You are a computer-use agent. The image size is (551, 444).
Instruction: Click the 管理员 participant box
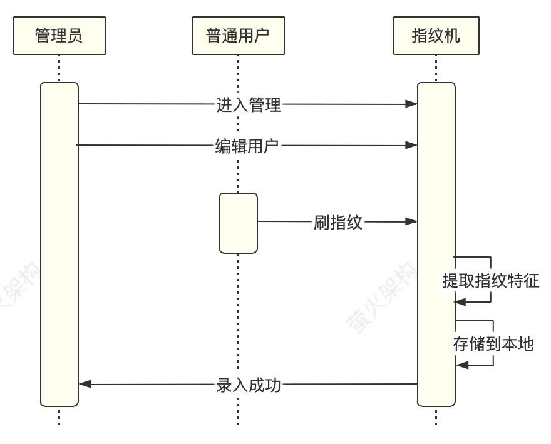(58, 35)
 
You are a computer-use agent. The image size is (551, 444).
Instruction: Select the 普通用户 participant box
(238, 35)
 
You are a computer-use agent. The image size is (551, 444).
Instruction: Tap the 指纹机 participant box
(435, 35)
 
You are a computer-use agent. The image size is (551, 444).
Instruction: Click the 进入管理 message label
(249, 105)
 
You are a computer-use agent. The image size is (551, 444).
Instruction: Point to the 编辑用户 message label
(247, 146)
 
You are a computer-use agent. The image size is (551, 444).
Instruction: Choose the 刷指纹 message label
(337, 222)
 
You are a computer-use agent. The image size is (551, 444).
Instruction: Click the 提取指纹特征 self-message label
(490, 280)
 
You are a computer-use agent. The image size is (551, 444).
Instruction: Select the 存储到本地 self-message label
(493, 343)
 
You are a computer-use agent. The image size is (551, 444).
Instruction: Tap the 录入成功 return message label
(249, 385)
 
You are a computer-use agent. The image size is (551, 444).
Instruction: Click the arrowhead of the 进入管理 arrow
(411, 104)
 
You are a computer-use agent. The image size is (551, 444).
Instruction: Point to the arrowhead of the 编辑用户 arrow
(411, 146)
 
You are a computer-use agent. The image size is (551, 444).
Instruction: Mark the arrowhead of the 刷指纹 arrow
(411, 221)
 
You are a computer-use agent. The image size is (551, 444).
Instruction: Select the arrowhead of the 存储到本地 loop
(462, 365)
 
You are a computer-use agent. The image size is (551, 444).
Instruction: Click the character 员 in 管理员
(75, 35)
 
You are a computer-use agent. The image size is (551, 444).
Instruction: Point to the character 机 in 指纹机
(451, 35)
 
